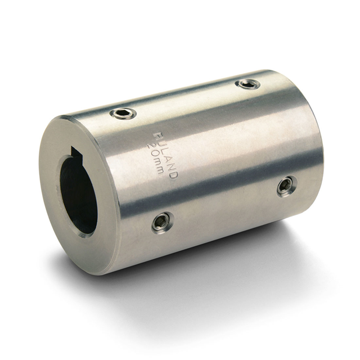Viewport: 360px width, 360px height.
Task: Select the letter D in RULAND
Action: tap(174, 176)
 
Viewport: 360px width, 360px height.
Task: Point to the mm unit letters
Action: tap(159, 166)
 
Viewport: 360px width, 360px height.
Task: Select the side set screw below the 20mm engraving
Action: tap(162, 222)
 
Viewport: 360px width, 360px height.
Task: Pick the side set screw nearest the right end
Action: tap(286, 186)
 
